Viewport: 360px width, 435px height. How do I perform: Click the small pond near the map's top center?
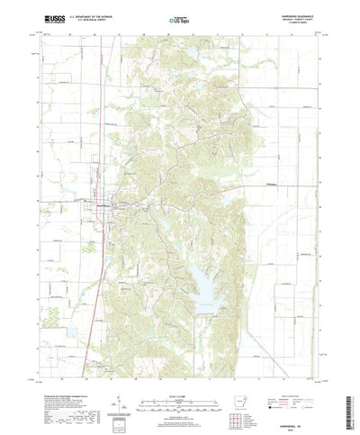(192, 56)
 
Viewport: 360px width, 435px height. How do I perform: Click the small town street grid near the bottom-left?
(96, 340)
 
